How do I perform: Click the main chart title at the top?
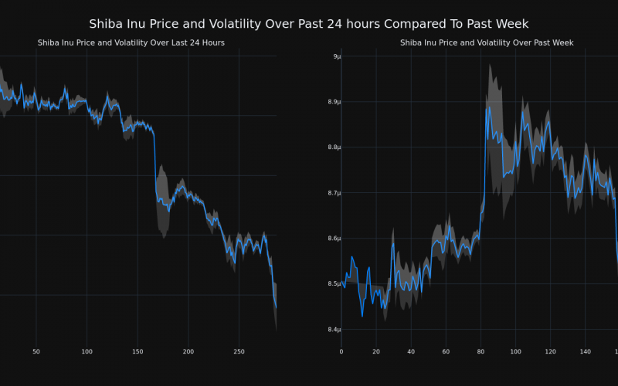[x=309, y=24]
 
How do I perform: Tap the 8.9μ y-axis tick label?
[x=333, y=102]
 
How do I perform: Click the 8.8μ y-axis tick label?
[x=333, y=147]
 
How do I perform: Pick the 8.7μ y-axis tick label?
[x=333, y=193]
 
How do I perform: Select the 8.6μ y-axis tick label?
[x=333, y=239]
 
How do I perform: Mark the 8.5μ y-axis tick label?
[x=333, y=284]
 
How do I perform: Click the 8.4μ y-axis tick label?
[x=333, y=330]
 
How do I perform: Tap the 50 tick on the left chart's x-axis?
[x=36, y=351]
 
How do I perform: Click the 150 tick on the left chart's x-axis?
[x=138, y=351]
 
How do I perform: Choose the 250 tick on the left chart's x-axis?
[x=239, y=351]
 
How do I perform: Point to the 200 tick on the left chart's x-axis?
[x=188, y=351]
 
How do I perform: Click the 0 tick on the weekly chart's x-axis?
[x=341, y=351]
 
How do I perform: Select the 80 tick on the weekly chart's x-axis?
[x=480, y=351]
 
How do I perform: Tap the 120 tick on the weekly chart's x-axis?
[x=550, y=351]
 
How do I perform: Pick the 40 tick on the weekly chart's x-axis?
[x=411, y=351]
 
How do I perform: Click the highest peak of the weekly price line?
[x=489, y=107]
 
